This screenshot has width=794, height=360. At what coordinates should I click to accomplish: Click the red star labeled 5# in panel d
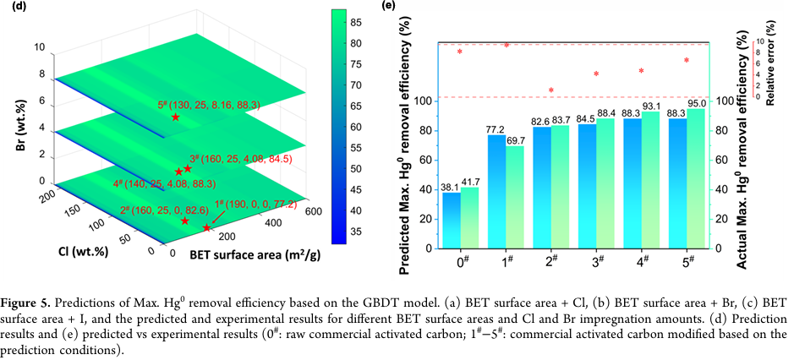[175, 117]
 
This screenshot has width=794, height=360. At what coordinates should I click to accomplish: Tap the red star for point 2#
[185, 221]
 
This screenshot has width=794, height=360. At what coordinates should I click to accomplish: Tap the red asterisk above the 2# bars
[550, 90]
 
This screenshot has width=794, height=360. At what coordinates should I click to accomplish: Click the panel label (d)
[7, 6]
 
